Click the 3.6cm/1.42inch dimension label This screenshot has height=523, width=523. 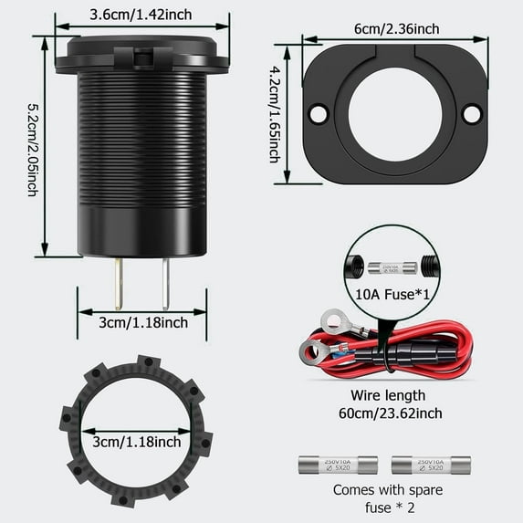pos(141,15)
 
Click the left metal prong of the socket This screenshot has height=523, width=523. pos(120,283)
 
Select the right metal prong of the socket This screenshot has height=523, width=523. pos(164,283)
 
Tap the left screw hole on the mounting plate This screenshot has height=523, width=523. pos(318,114)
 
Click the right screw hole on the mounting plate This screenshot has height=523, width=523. pos(472,114)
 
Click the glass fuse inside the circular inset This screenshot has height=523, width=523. pos(392,267)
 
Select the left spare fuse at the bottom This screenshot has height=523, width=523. pos(339,465)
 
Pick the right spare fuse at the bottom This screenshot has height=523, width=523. pos(431,465)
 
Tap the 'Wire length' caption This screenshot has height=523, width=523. pos(388,395)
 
